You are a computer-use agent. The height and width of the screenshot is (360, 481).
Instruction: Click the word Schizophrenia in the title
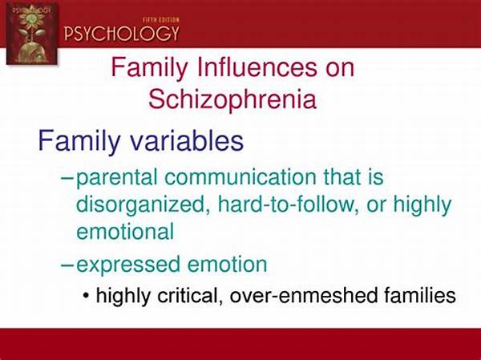(232, 99)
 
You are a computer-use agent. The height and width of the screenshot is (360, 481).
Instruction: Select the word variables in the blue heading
(187, 140)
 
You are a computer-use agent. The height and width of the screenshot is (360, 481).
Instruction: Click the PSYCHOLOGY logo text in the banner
(121, 33)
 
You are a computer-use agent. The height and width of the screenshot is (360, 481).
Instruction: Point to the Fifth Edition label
(161, 20)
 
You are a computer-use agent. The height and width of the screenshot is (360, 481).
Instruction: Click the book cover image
(31, 34)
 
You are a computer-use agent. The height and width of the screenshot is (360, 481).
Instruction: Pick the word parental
(117, 178)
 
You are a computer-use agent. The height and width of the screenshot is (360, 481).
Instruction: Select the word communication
(240, 177)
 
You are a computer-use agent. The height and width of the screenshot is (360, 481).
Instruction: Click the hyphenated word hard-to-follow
(289, 204)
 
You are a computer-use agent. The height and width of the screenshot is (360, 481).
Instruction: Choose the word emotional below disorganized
(125, 231)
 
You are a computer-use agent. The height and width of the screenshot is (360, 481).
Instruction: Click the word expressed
(128, 265)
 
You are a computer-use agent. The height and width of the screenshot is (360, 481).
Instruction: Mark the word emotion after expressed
(228, 265)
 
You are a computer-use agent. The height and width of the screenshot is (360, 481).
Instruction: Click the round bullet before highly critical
(87, 296)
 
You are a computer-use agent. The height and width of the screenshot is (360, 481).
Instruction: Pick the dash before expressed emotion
(68, 265)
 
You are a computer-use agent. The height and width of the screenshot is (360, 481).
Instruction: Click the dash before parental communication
(68, 178)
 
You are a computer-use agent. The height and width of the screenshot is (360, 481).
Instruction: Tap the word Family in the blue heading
(79, 140)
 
